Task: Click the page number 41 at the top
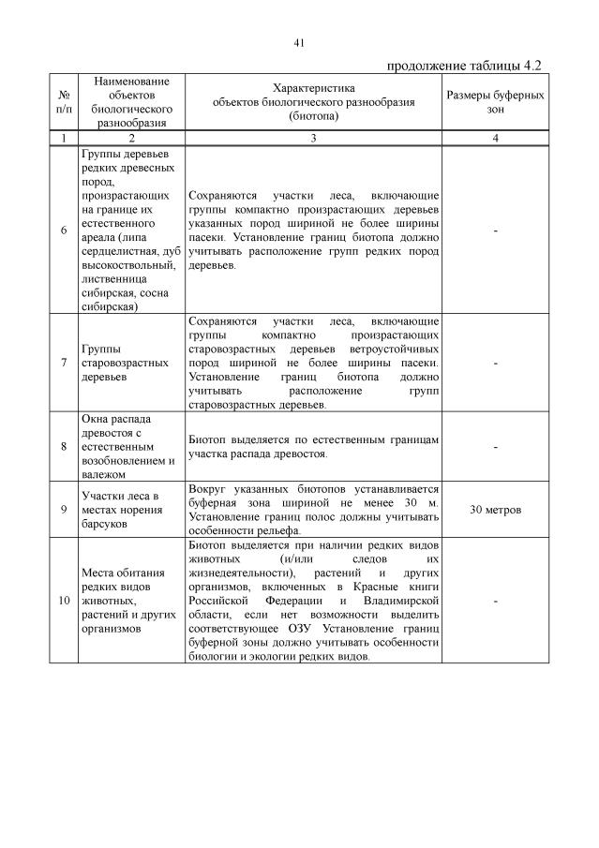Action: pos(300,43)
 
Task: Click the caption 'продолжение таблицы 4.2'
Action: pos(465,66)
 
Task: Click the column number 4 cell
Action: pos(495,139)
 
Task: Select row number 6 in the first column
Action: pos(64,231)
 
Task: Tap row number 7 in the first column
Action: pos(64,363)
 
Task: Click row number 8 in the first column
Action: pos(64,447)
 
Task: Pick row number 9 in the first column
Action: pos(64,510)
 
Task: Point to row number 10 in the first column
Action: pos(64,600)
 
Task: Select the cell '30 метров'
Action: pos(495,510)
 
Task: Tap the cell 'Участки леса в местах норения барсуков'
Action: pos(125,510)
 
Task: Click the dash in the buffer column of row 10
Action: pos(495,600)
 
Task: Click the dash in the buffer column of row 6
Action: pos(495,231)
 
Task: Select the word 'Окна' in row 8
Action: pos(97,419)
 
